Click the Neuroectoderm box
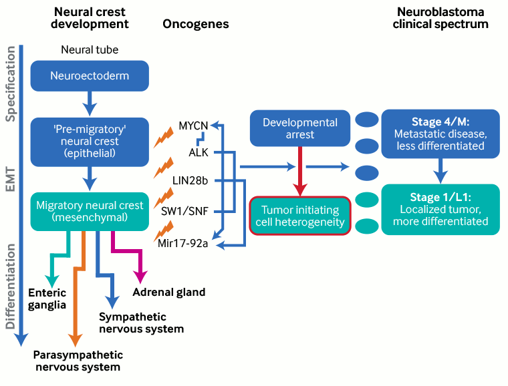90,75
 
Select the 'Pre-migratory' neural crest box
90,142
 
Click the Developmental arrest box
299,128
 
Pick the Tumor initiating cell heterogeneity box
299,216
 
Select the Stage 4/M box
440,134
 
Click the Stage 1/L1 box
440,209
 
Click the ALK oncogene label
199,153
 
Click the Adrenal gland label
169,292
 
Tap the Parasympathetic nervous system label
78,361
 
